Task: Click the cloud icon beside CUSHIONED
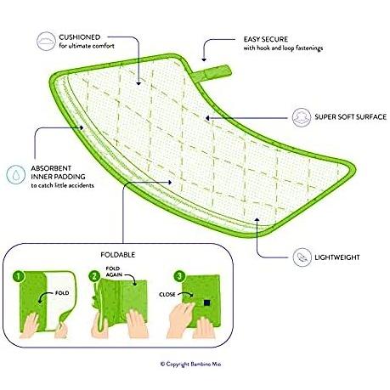click(46, 42)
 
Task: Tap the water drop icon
click(16, 174)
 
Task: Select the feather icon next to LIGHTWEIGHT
click(302, 257)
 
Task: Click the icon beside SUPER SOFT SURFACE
click(302, 117)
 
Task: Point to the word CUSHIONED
click(80, 37)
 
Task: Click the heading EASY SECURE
click(266, 39)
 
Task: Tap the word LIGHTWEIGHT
click(337, 257)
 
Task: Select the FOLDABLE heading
click(118, 255)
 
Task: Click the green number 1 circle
click(19, 276)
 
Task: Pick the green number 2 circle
click(94, 276)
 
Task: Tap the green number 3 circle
click(179, 276)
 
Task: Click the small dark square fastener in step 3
click(206, 302)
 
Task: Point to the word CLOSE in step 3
click(167, 295)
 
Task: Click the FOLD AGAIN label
click(114, 271)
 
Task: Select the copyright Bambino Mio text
click(190, 364)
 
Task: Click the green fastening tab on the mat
click(212, 72)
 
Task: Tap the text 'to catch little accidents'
click(62, 185)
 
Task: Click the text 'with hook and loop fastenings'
click(283, 48)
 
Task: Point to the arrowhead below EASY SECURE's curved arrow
click(204, 59)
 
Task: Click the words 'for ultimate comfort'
click(87, 46)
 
